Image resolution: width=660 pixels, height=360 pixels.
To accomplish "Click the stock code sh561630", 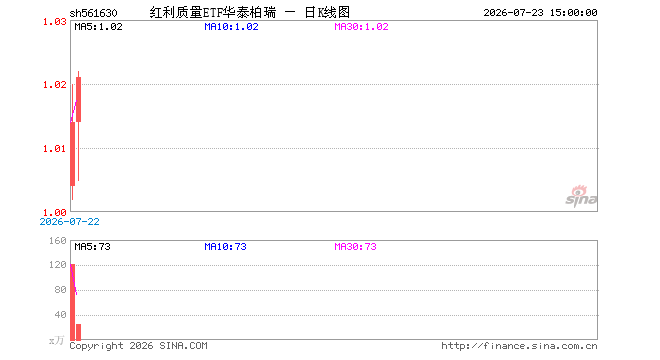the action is (93, 13).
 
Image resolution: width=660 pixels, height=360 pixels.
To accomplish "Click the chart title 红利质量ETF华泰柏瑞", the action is (213, 13).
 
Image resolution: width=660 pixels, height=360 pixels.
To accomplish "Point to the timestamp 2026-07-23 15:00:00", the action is (540, 13).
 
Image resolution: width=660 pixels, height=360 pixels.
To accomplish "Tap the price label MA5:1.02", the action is (98, 27).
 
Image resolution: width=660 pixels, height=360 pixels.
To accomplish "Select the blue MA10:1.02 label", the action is (231, 27).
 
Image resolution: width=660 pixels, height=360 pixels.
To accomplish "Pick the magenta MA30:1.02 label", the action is (361, 27).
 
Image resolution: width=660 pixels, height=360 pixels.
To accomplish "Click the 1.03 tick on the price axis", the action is (55, 21).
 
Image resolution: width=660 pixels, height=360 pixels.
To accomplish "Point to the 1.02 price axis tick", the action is (55, 85).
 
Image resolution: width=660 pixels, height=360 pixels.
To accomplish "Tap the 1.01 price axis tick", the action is (55, 149).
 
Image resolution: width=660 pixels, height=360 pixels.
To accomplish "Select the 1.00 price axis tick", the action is (55, 212).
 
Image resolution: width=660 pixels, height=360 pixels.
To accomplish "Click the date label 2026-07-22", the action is (69, 221).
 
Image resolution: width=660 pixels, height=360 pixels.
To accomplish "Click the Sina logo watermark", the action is (581, 196).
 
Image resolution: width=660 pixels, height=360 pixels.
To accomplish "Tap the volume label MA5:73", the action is (93, 246).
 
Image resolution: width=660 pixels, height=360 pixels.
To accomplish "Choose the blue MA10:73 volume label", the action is (225, 246).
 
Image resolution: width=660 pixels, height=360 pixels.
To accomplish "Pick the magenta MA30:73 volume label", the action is (355, 246).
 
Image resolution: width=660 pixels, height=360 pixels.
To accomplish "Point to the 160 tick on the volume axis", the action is (58, 240).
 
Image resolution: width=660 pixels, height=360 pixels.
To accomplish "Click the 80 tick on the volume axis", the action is (61, 290).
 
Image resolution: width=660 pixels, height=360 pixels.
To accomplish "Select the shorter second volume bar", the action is (78, 332).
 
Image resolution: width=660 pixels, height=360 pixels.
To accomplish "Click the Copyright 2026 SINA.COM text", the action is (138, 346).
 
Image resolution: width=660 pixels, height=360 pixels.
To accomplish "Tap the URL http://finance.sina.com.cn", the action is (519, 346).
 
